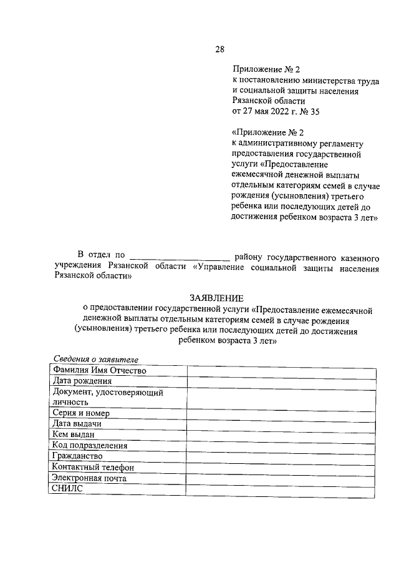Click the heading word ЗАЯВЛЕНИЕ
(x=217, y=298)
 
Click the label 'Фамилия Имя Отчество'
(x=100, y=371)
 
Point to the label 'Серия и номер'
(x=82, y=413)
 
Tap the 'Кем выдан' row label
(x=74, y=435)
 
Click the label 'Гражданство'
(x=77, y=456)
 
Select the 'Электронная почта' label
(x=90, y=478)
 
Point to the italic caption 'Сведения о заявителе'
(x=95, y=360)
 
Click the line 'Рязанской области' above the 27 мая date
(x=269, y=101)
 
